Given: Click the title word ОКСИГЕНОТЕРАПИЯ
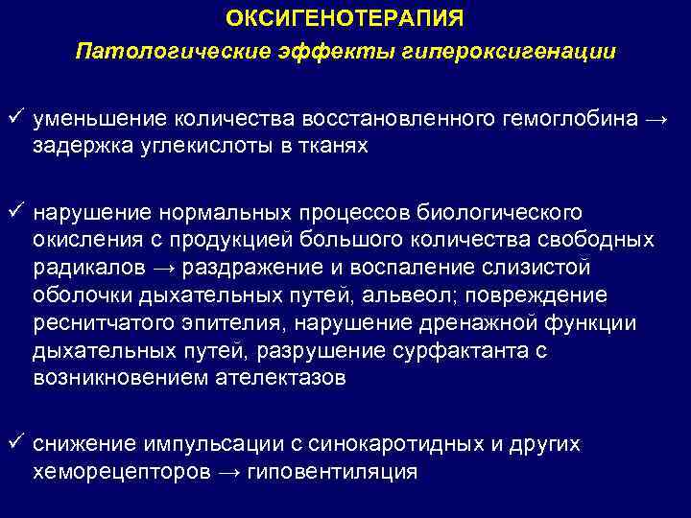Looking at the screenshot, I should pyautogui.click(x=345, y=18).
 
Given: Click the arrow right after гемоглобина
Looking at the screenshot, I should pyautogui.click(x=656, y=121).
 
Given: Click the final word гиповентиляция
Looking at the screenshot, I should pyautogui.click(x=336, y=472).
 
